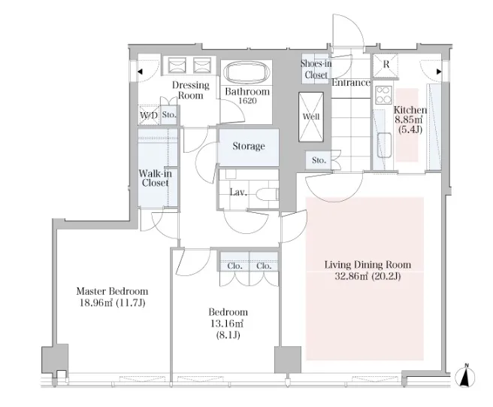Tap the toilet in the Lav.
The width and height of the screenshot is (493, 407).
tap(268, 194)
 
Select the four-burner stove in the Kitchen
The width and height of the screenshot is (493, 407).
tap(383, 96)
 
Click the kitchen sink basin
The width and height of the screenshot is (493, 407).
tap(385, 145)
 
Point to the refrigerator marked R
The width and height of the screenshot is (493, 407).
tap(386, 65)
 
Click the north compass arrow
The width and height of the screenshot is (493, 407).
tap(467, 375)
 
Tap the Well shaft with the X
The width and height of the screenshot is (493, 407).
tap(311, 117)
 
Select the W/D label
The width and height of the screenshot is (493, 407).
tap(149, 115)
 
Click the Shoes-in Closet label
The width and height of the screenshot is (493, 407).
tap(316, 69)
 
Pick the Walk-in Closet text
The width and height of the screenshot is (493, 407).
tap(156, 178)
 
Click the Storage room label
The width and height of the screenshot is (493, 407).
tap(249, 146)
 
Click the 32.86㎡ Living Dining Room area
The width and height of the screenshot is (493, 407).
tap(351, 276)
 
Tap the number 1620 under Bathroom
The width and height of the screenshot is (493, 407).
tap(248, 101)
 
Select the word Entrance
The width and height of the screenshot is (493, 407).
tap(351, 83)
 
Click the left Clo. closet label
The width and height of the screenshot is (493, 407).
tap(235, 266)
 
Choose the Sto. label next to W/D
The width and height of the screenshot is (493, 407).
tap(169, 115)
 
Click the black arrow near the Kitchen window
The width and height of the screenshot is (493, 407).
tap(439, 71)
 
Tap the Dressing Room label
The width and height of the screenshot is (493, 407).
tap(191, 90)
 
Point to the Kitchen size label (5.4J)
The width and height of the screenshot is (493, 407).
tap(410, 129)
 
